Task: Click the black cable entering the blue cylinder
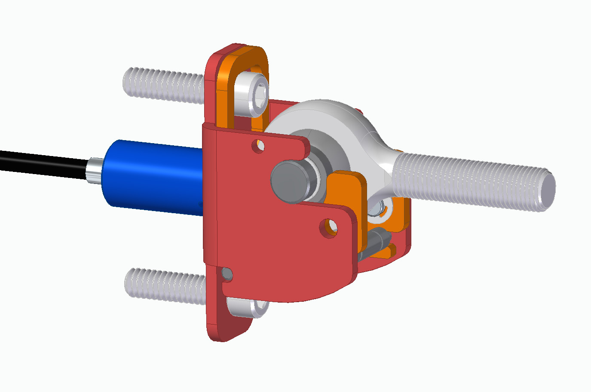click(43, 162)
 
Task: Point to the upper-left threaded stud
click(163, 85)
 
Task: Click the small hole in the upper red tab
click(258, 146)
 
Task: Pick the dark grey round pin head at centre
click(289, 181)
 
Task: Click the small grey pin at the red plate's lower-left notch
click(227, 274)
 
